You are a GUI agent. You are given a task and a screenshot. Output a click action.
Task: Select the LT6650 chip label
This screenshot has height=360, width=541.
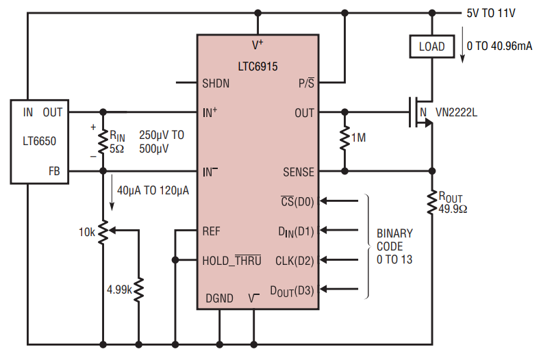(39, 141)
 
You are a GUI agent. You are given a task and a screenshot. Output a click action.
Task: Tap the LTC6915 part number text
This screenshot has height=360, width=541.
(257, 66)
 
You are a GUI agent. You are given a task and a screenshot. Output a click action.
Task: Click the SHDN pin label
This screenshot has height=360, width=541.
(216, 83)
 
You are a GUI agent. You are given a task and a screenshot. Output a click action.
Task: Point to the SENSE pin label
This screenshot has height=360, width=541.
(299, 172)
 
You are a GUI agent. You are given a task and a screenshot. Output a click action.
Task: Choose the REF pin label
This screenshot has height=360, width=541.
(211, 231)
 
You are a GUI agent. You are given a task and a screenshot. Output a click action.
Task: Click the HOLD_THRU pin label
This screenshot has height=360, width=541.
(231, 260)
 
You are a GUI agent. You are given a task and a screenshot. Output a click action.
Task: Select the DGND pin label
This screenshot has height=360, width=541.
(219, 298)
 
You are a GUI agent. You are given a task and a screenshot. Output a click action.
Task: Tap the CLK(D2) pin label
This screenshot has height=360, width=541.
(294, 261)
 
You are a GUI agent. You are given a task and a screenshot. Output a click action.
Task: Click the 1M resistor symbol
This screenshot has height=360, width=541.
(344, 139)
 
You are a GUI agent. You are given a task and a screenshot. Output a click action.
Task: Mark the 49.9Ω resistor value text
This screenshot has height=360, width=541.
(453, 209)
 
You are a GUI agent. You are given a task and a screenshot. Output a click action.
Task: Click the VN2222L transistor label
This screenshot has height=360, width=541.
(456, 112)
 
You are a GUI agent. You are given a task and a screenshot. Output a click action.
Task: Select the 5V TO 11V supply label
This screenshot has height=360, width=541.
(490, 13)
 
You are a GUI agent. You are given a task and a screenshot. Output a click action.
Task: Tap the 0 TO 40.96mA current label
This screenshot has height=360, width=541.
(499, 46)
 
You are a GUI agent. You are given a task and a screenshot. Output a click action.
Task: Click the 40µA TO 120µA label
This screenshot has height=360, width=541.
(153, 190)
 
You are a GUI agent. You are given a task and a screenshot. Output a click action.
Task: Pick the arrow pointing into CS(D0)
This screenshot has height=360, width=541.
(339, 201)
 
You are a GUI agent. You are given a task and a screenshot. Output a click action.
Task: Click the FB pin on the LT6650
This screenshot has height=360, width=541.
(54, 171)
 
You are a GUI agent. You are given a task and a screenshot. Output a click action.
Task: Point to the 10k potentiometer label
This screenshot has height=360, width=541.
(86, 232)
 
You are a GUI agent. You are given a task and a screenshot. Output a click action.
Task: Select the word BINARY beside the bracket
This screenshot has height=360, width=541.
(394, 233)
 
